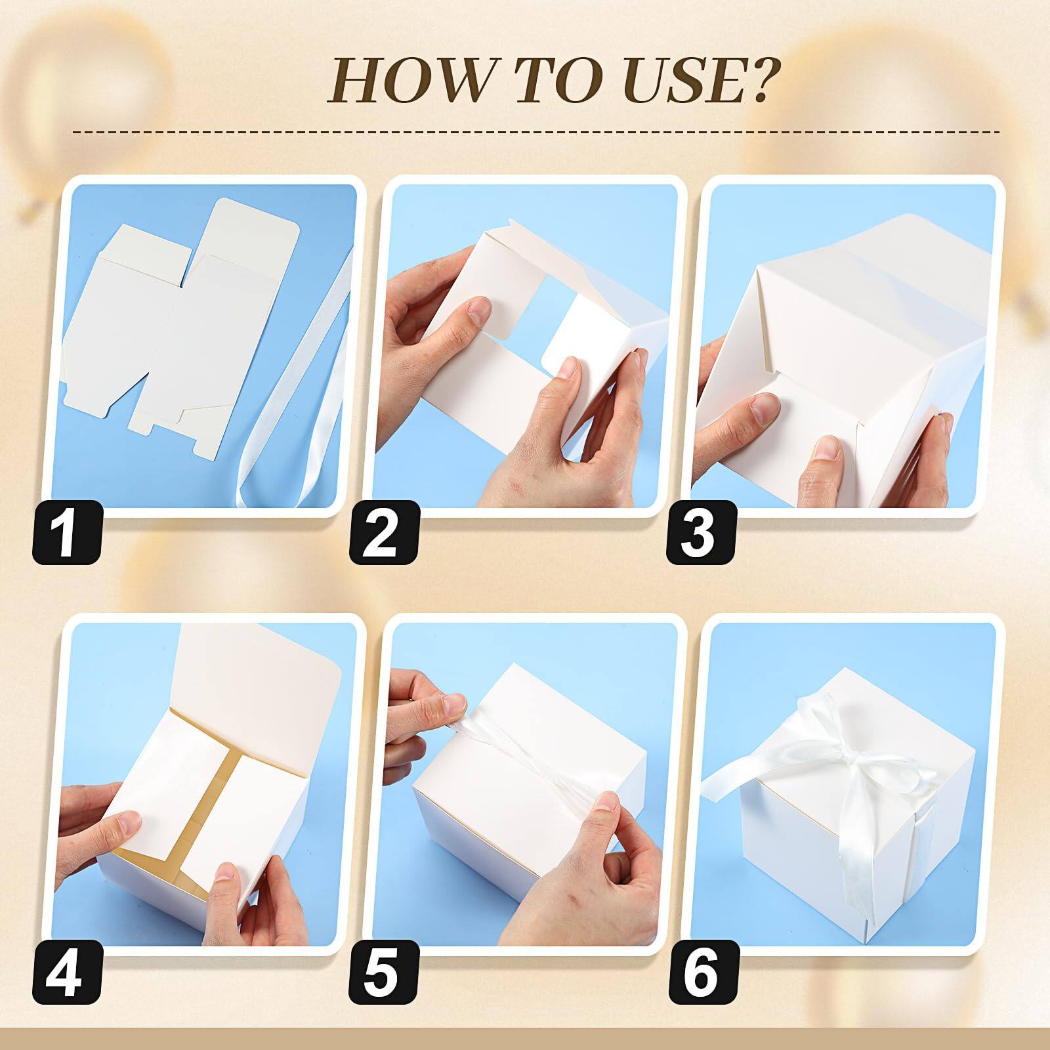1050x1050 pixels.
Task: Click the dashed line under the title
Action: (x=535, y=132)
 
